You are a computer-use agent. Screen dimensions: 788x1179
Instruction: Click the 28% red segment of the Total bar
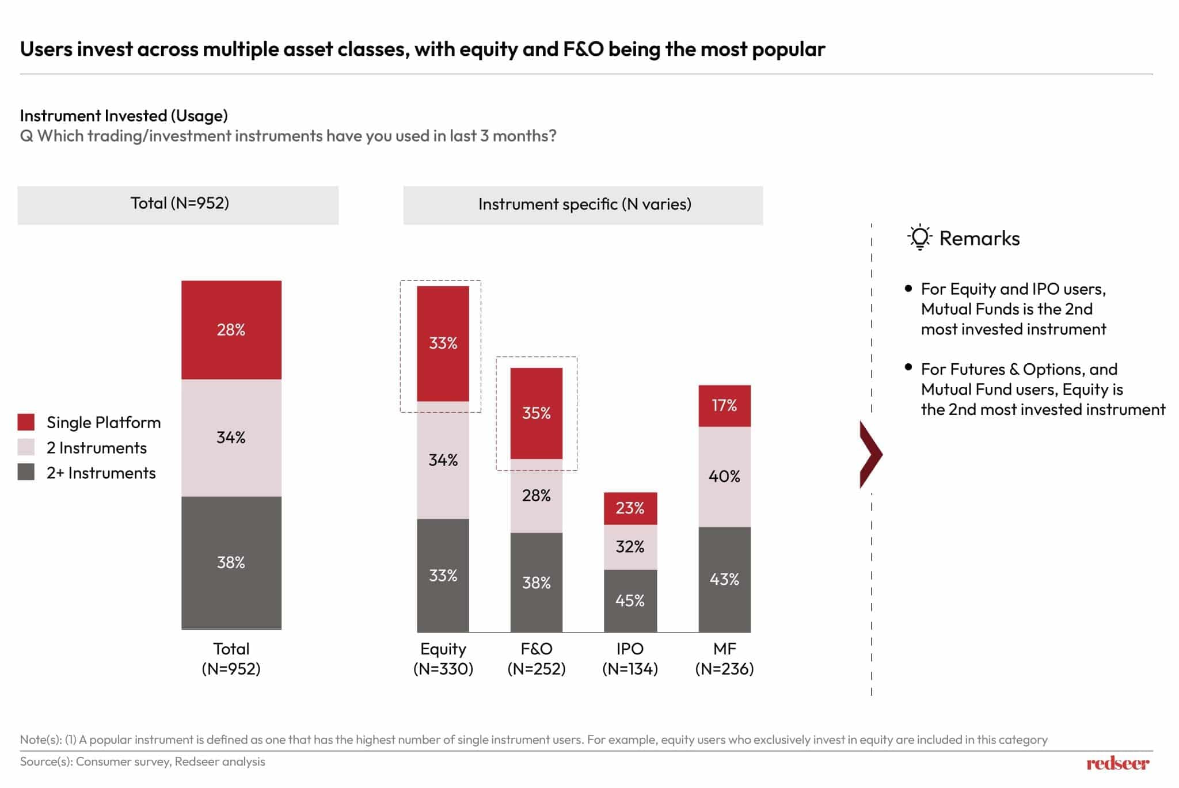231,330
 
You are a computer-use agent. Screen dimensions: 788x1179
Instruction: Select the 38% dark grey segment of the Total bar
231,562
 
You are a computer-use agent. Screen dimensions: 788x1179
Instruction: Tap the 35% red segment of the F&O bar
536,413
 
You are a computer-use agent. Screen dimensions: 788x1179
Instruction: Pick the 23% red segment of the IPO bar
630,508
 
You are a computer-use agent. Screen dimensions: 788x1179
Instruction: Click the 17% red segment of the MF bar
724,406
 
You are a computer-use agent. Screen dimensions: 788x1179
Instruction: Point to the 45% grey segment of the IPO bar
630,601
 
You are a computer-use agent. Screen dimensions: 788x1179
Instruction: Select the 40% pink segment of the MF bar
724,477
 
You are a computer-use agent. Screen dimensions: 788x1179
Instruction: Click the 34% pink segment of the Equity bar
443,460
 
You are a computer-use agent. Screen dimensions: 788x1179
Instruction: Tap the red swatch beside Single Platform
26,422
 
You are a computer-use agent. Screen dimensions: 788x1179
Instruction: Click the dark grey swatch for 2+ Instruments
26,473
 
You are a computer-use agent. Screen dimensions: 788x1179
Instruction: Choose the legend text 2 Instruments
97,448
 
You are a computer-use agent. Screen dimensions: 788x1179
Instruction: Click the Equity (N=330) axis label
443,658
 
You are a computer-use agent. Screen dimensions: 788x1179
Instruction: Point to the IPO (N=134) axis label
630,658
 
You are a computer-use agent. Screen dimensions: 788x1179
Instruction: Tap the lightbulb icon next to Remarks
919,237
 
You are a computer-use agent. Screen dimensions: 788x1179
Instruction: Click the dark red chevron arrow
870,455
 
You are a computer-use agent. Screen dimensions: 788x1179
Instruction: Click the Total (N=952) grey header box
178,204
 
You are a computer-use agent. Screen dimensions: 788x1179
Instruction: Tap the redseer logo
1117,763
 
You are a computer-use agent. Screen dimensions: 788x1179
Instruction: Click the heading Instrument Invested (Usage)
124,116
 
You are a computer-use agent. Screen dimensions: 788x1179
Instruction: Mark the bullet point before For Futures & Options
908,367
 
